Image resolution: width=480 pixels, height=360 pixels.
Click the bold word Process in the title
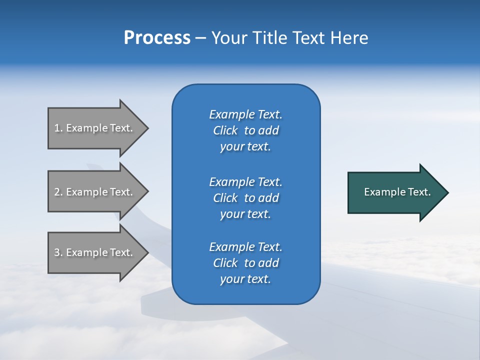click(157, 38)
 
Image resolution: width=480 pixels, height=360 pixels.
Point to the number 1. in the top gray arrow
click(58, 128)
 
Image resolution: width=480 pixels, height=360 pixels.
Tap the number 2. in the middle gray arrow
click(58, 192)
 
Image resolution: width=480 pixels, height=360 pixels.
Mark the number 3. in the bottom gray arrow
click(58, 252)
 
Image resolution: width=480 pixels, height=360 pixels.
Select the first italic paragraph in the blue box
click(246, 130)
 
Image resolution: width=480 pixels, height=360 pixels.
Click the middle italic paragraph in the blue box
click(246, 197)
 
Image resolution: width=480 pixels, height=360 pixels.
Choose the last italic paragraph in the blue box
click(246, 263)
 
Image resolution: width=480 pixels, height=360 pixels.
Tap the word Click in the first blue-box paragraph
click(225, 130)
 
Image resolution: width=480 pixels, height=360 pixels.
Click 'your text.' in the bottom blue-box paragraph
click(245, 279)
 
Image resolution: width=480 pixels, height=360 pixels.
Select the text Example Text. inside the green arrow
click(397, 192)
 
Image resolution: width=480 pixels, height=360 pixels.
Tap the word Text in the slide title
click(308, 38)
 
